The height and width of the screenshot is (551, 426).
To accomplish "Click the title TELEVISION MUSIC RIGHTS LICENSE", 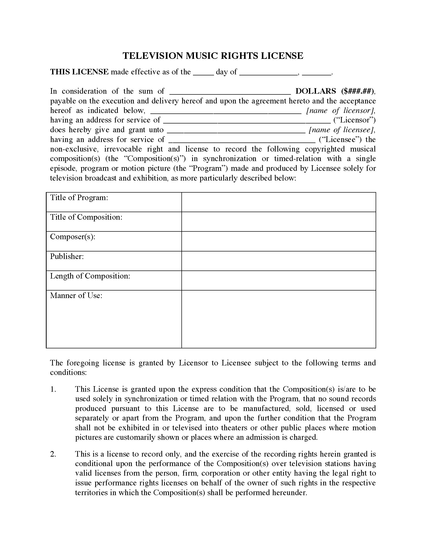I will click(213, 56).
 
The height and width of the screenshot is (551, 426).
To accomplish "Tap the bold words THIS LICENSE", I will click(79, 72).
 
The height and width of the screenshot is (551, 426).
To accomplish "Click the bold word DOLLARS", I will click(316, 91).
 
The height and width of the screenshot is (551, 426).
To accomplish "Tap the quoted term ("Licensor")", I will click(354, 120).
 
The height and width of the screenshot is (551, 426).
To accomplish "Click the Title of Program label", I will click(79, 198).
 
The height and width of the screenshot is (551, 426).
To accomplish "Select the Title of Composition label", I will click(86, 217).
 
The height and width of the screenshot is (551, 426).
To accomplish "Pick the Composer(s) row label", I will click(73, 237).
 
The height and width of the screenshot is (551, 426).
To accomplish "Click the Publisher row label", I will click(67, 256).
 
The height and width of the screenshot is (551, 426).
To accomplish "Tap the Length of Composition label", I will click(90, 276).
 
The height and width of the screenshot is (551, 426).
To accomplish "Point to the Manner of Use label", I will click(76, 296).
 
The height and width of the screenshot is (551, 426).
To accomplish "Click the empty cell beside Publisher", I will click(278, 261).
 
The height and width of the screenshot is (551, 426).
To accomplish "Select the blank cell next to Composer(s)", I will click(278, 241).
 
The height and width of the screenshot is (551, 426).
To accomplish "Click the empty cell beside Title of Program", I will click(278, 202).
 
